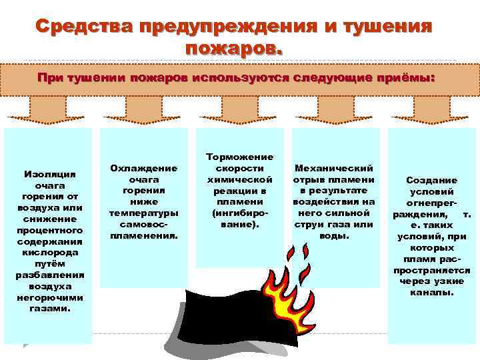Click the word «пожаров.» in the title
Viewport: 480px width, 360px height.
[x=234, y=48]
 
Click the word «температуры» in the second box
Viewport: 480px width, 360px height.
[x=143, y=213]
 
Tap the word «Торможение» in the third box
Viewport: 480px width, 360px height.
[x=240, y=157]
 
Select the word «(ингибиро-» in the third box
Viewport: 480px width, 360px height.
[x=240, y=214]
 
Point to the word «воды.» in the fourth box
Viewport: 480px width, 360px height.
[x=335, y=235]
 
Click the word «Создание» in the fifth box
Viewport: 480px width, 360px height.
[x=432, y=180]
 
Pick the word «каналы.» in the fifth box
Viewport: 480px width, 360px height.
[x=432, y=292]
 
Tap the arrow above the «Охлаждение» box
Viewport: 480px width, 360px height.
[x=143, y=109]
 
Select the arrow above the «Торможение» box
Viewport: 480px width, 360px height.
[x=240, y=109]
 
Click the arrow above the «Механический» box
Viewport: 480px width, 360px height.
[x=335, y=109]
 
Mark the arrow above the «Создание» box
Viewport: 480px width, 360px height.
[x=432, y=109]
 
